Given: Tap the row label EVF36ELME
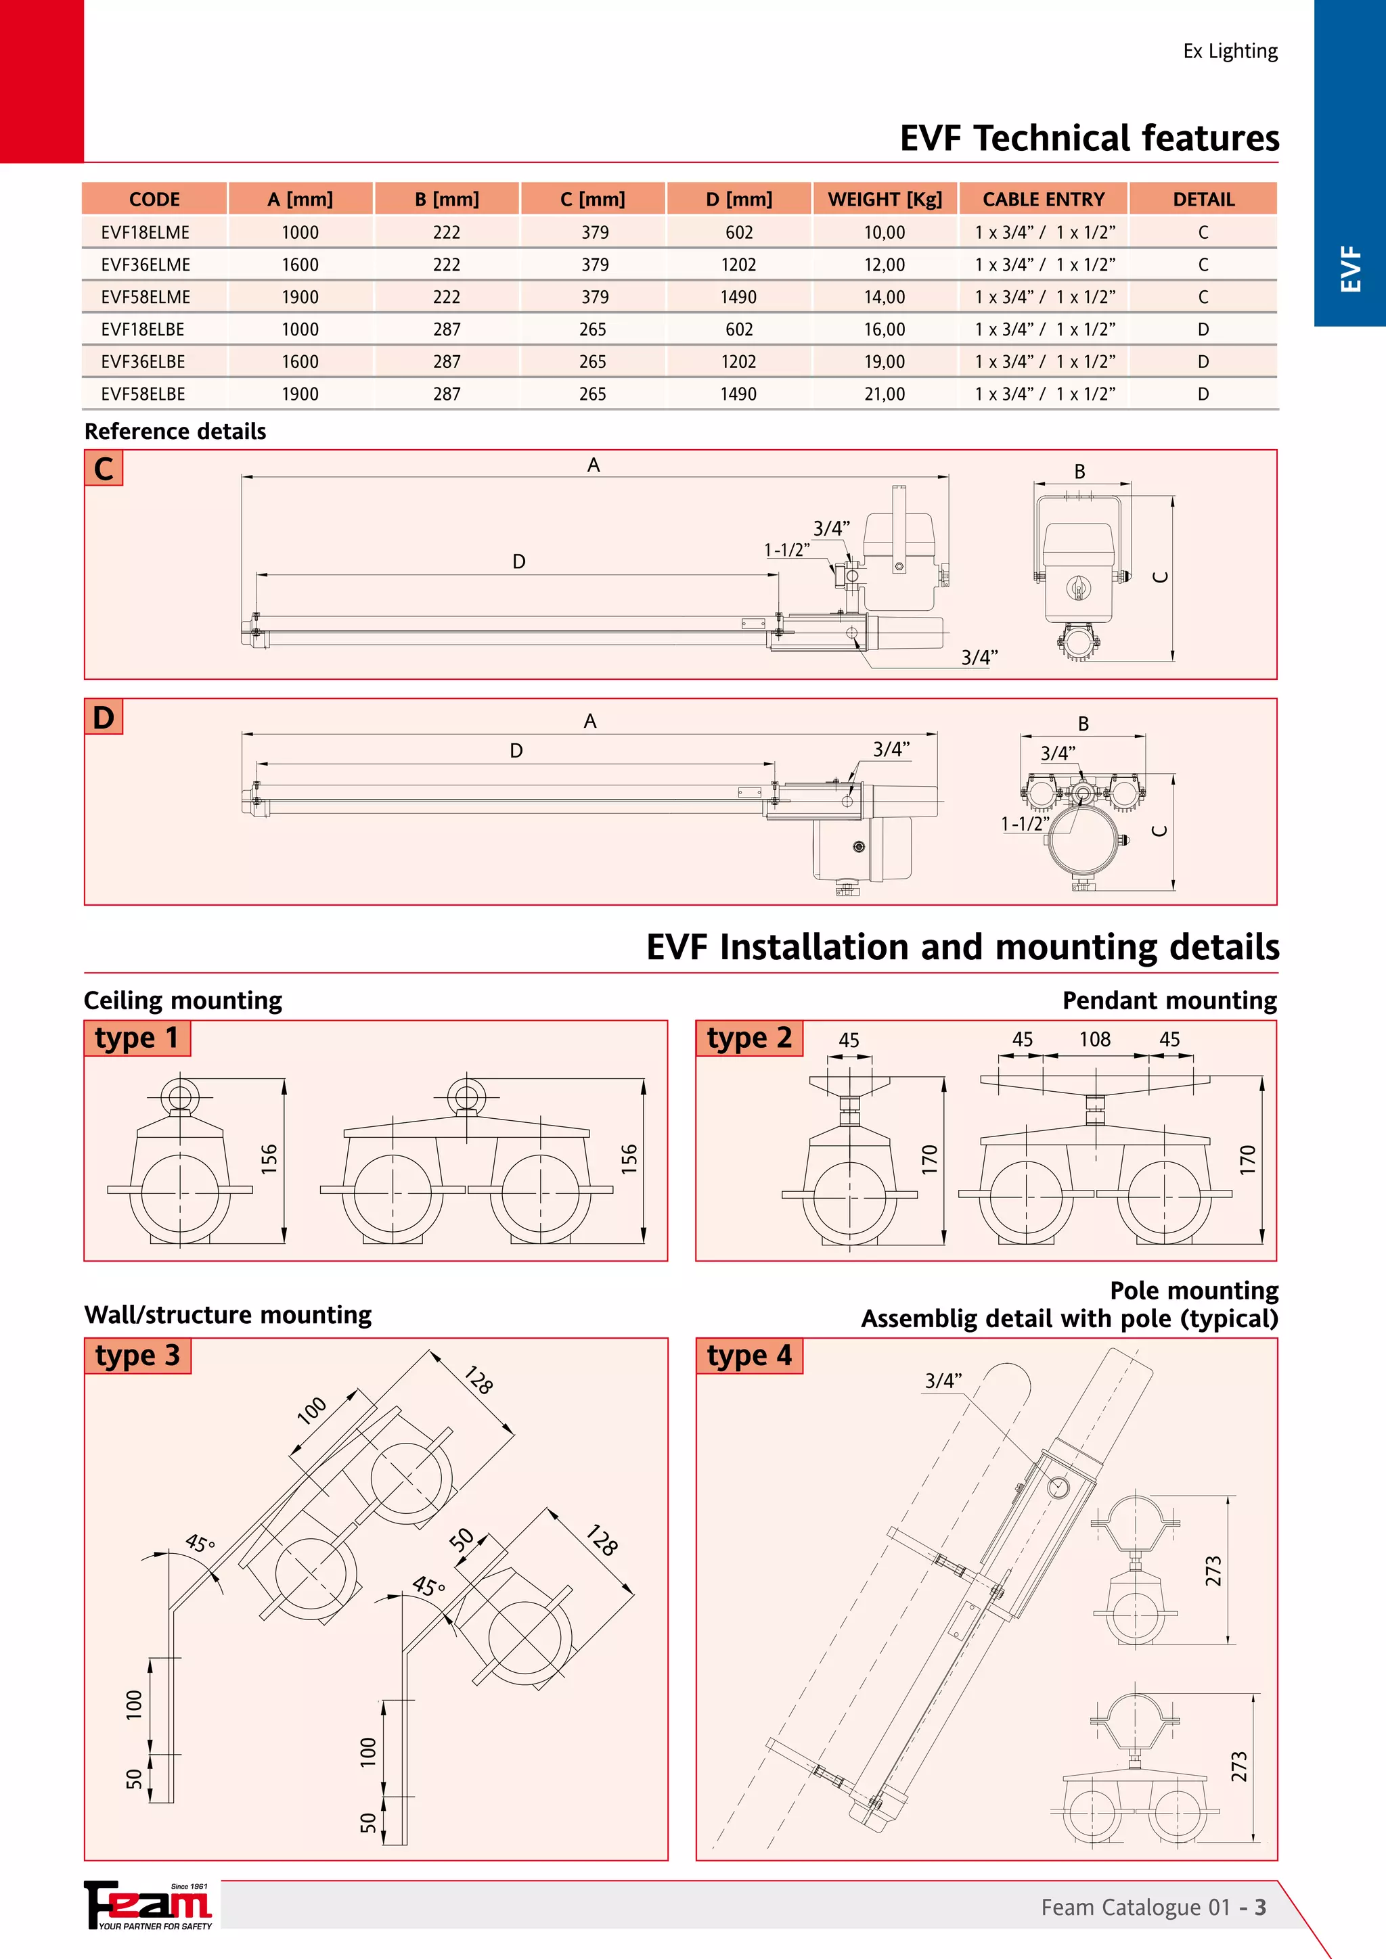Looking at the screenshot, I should (145, 264).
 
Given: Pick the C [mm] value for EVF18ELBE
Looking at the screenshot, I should (592, 329).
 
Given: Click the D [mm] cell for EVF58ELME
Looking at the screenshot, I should (738, 297).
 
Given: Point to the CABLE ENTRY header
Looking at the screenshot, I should (1043, 199).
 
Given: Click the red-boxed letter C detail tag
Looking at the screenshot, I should (104, 468).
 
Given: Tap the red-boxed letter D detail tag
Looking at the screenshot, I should (104, 718).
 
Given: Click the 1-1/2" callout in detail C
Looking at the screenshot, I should (786, 551).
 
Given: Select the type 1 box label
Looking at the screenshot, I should (137, 1038).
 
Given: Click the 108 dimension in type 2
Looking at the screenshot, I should (1094, 1039).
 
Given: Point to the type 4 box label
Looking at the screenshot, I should (748, 1356).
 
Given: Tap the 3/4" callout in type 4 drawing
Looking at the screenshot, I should (943, 1381).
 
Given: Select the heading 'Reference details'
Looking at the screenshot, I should (175, 432).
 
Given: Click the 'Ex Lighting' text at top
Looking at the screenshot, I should (1230, 51).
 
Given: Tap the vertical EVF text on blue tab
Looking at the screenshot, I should (1350, 269).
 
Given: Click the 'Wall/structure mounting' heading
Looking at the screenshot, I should (228, 1315).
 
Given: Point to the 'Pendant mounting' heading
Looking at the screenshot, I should (1169, 1001).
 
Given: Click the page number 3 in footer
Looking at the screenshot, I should (1259, 1908).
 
